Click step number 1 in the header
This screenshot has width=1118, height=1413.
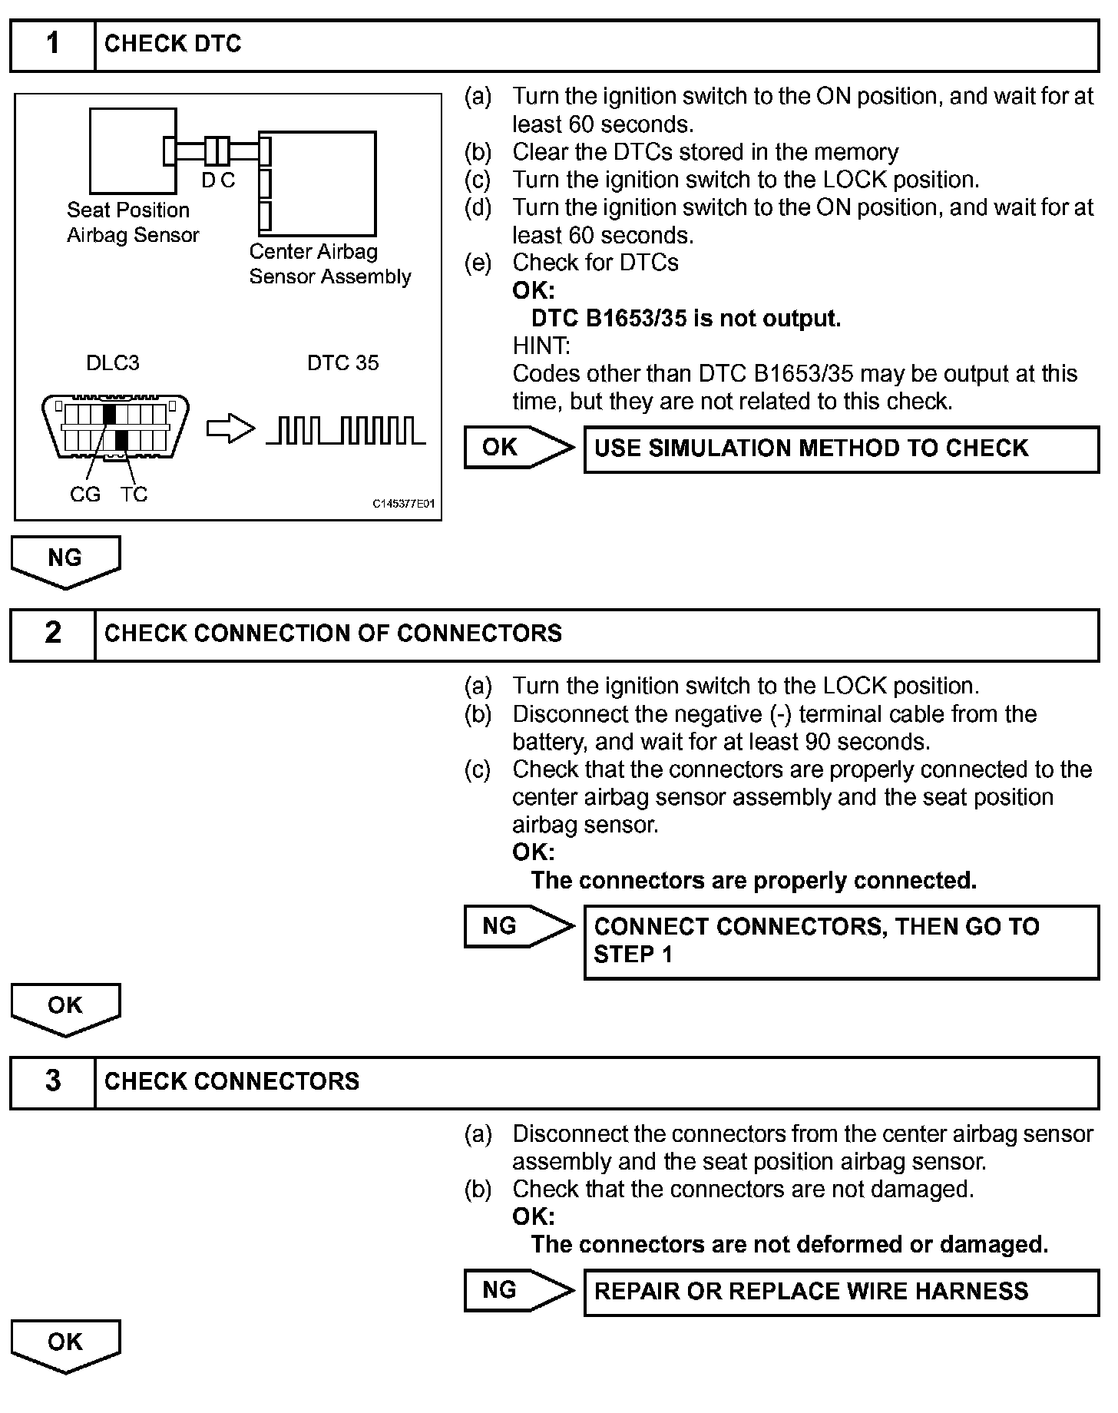click(52, 45)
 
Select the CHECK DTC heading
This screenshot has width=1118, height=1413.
click(173, 45)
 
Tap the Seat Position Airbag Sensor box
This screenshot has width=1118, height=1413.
click(132, 151)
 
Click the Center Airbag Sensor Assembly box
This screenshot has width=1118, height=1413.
click(322, 184)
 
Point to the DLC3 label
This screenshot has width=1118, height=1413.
click(113, 362)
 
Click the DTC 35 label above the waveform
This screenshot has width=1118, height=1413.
click(342, 362)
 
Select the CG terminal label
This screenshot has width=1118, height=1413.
click(84, 495)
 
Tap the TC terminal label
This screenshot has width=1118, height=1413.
click(134, 495)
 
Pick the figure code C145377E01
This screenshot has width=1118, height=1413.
click(403, 504)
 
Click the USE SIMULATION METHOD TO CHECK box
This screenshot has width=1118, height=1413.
click(841, 449)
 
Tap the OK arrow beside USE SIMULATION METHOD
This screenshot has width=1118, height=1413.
click(518, 448)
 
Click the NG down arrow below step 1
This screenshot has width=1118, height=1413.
click(65, 561)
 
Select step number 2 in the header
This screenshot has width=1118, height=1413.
click(52, 634)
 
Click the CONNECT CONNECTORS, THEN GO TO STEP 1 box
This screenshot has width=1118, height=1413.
click(841, 941)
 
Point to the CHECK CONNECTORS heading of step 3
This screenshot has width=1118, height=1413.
click(231, 1082)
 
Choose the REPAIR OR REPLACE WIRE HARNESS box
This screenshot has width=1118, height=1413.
click(841, 1292)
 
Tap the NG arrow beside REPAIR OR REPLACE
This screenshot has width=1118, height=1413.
click(518, 1290)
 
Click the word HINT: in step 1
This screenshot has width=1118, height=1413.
click(541, 346)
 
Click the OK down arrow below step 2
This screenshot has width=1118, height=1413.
click(65, 1008)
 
